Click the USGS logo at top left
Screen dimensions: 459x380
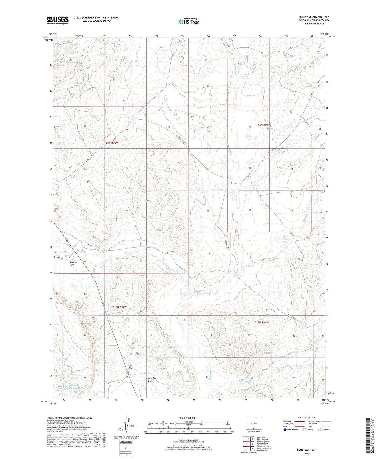58,20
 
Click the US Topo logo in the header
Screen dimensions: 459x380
189,22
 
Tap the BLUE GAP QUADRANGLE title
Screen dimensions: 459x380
314,17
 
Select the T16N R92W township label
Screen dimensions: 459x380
111,143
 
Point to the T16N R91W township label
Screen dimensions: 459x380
263,125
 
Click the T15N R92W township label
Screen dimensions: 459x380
119,307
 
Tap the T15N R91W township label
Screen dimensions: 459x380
261,322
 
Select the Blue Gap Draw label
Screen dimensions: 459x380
152,380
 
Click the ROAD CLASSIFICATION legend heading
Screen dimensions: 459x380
307,418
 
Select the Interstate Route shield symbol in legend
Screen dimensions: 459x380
285,429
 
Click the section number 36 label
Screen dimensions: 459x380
168,210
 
